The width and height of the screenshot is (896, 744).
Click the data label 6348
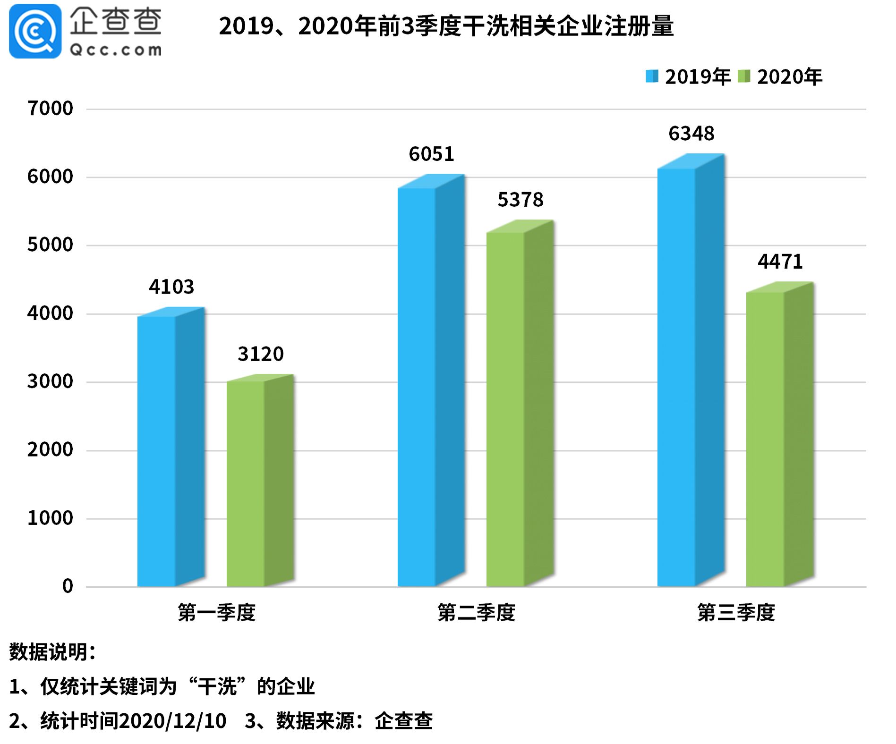click(691, 134)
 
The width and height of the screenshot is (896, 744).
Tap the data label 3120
click(260, 354)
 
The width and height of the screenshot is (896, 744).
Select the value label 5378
click(521, 200)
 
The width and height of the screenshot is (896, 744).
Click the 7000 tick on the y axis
click(50, 109)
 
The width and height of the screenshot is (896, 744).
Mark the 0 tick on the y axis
click(68, 587)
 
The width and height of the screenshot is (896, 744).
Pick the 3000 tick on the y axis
click(50, 382)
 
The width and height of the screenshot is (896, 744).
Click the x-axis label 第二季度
click(476, 613)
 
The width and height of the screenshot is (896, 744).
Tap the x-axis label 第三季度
click(736, 613)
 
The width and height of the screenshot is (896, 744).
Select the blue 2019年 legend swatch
click(652, 76)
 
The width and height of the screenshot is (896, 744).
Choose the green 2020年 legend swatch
click(744, 76)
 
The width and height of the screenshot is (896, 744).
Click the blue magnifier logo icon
click(35, 31)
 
